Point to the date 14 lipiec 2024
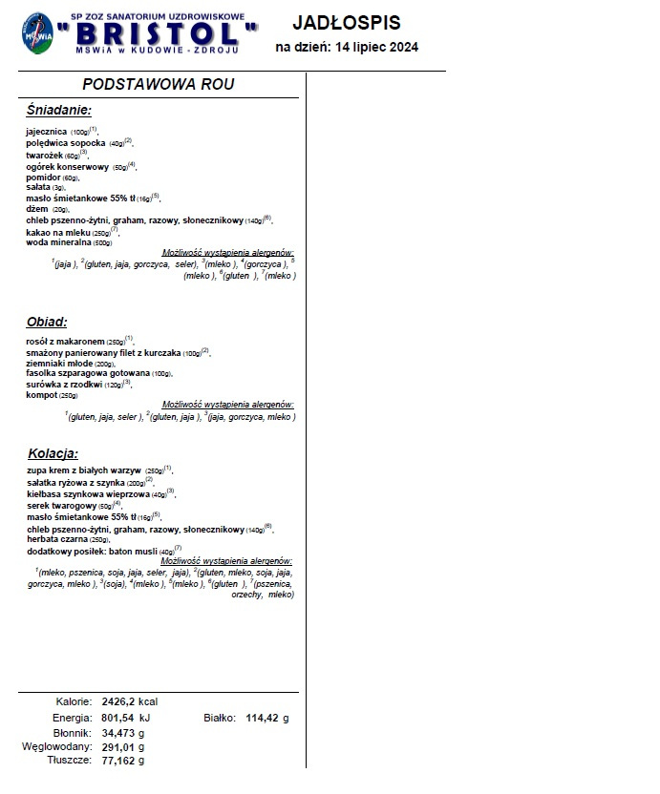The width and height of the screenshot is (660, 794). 374,48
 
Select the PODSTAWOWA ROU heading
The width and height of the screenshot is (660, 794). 159,85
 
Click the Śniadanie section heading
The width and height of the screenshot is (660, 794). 59,111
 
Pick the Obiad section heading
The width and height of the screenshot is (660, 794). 48,323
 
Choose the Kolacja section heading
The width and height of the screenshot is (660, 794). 53,453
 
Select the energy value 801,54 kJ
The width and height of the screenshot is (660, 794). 125,717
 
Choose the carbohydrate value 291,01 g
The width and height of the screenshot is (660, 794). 122,746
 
